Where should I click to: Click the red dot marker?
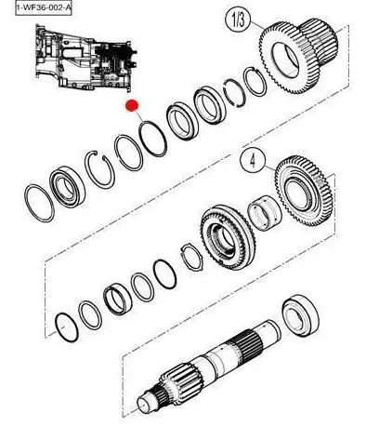coord(132,106)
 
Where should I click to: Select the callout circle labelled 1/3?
coord(238,20)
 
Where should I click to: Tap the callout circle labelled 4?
coord(253,161)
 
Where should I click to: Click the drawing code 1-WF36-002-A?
coord(44,7)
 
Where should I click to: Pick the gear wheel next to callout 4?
coord(304,191)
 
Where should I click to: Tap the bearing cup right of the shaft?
coord(300,314)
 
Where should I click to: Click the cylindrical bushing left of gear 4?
coord(265,213)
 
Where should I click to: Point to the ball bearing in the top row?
coord(67,187)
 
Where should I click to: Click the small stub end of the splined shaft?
coord(146,405)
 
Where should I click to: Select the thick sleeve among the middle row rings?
coord(118,300)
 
